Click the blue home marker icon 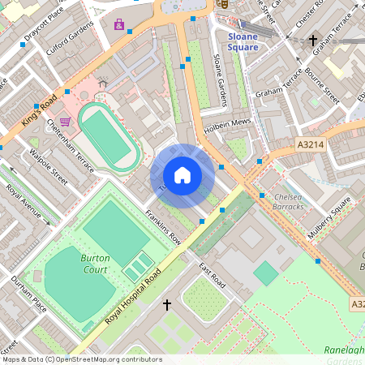tap(182, 174)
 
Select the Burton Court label tap(95, 264)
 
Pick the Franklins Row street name tap(163, 227)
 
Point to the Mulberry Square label tap(329, 217)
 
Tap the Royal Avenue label tap(24, 202)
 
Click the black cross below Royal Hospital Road tap(168, 305)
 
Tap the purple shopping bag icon tap(120, 24)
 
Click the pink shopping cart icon tap(65, 122)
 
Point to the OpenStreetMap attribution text tap(81, 359)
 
